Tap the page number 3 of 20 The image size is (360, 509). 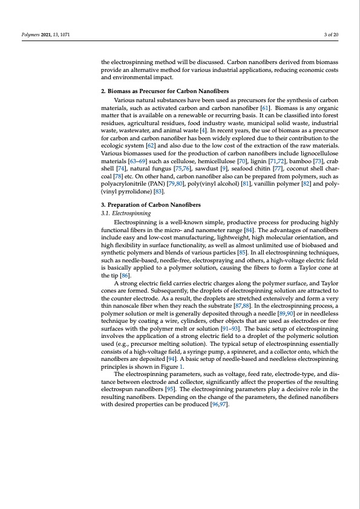click(x=331, y=34)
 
